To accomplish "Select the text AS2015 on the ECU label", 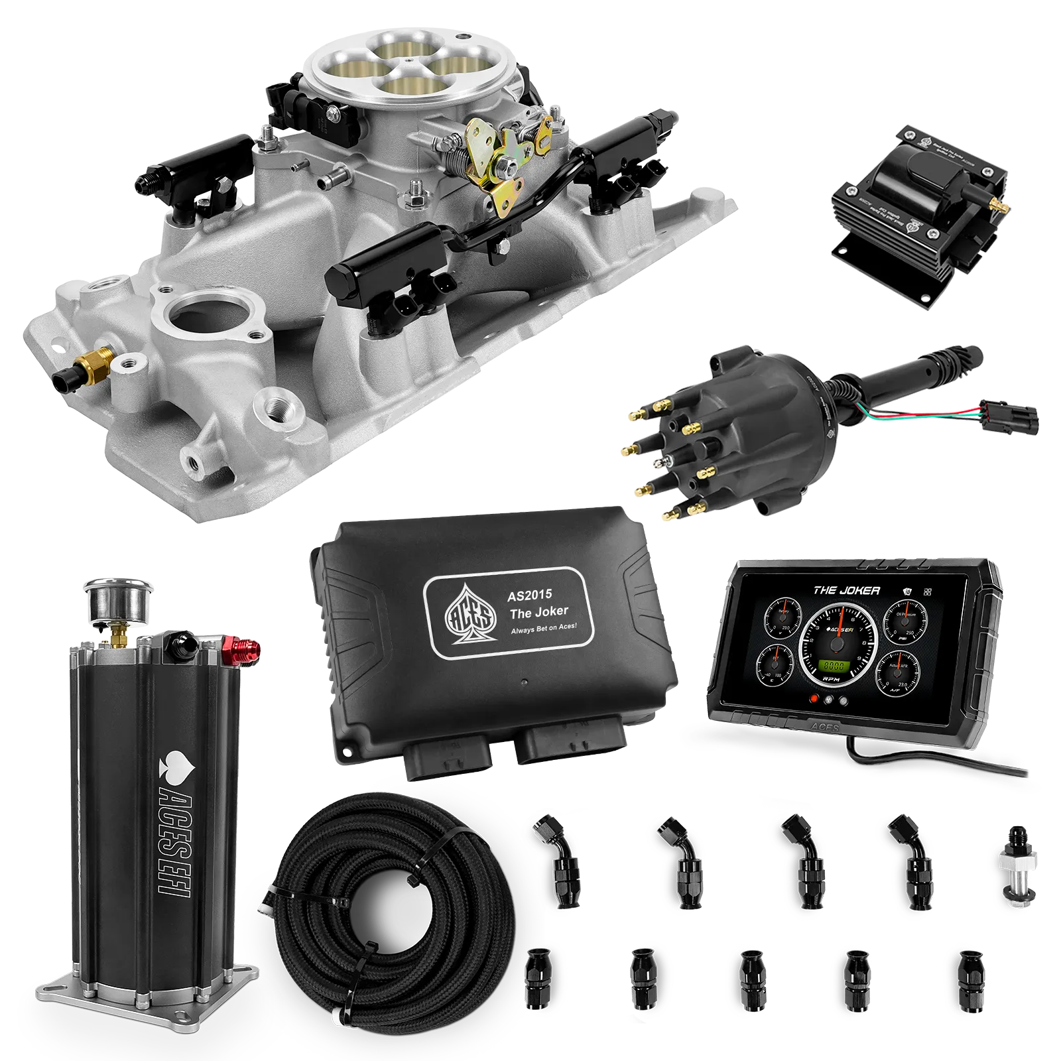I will tap(530, 595).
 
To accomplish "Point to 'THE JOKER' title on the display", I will tap(846, 590).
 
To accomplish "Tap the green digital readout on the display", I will tap(834, 667).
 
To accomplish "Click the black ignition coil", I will tap(922, 199).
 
